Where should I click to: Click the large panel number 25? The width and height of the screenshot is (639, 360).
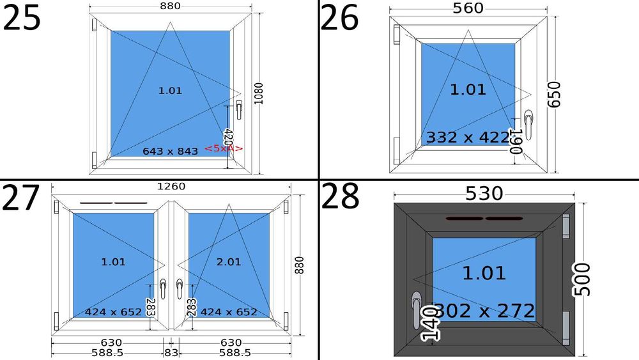[22, 17]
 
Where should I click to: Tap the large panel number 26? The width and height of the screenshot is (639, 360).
[339, 17]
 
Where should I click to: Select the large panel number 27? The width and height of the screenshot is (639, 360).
[21, 198]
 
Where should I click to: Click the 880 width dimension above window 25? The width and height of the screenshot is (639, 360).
[171, 6]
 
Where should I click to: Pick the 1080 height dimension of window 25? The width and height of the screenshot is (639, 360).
[258, 93]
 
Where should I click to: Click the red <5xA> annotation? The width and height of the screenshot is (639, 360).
[223, 148]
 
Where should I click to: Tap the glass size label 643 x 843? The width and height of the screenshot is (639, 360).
[171, 152]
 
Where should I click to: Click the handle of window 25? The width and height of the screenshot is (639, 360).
[239, 110]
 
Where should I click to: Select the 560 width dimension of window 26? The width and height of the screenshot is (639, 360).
[468, 8]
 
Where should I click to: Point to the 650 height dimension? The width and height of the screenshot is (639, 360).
[553, 95]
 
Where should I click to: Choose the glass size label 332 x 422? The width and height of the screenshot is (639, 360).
[468, 137]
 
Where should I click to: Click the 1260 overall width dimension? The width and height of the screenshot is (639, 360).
[171, 186]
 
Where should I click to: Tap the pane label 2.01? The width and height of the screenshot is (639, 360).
[229, 262]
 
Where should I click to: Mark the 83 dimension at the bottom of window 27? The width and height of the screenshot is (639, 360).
[171, 353]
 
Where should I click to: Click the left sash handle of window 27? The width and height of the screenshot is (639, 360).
[163, 288]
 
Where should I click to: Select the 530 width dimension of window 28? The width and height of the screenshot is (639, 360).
[484, 194]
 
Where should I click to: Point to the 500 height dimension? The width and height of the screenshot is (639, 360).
[582, 279]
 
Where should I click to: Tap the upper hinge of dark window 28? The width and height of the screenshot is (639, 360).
[566, 227]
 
